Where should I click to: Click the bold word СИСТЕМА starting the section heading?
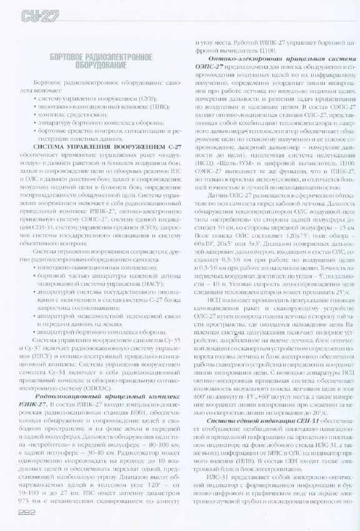(x=52, y=146)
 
